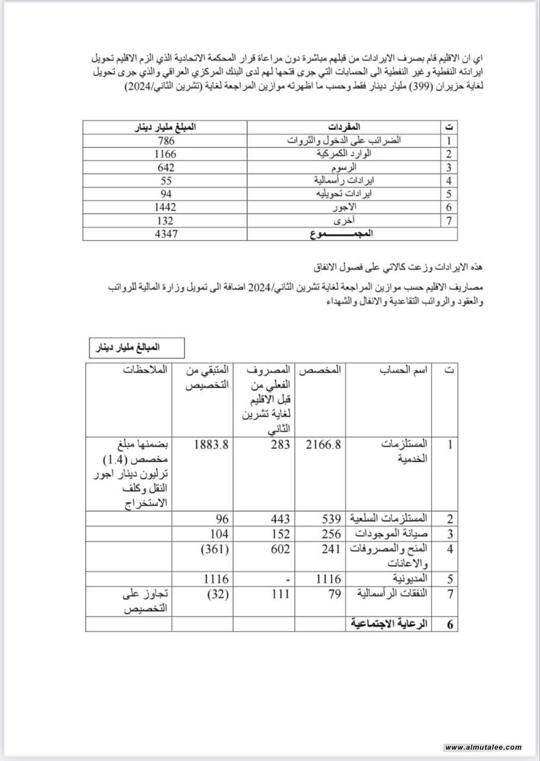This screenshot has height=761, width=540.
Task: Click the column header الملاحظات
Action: pos(147,369)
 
